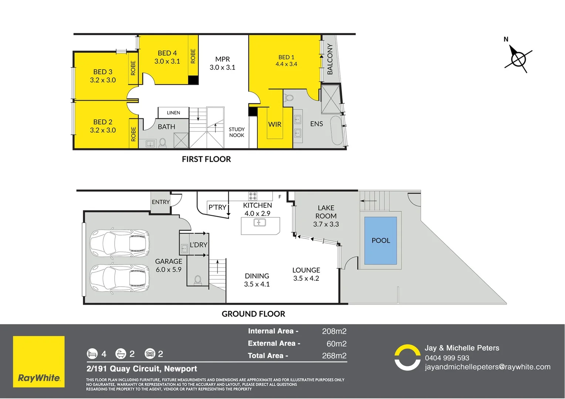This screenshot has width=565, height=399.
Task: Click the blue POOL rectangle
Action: pyautogui.click(x=380, y=241)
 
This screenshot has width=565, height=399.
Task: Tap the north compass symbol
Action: pyautogui.click(x=518, y=59)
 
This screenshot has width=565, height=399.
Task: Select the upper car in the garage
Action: pyautogui.click(x=119, y=243)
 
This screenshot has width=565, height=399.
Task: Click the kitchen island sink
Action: pyautogui.click(x=260, y=222)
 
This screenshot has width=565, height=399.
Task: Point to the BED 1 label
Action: pyautogui.click(x=286, y=57)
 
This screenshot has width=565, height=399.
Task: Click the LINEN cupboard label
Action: pyautogui.click(x=173, y=113)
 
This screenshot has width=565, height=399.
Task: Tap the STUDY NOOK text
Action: pyautogui.click(x=237, y=132)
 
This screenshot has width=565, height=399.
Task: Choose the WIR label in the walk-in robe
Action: pyautogui.click(x=275, y=125)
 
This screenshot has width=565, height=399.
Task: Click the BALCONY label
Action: pyautogui.click(x=330, y=59)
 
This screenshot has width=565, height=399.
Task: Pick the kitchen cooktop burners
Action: pyautogui.click(x=253, y=196)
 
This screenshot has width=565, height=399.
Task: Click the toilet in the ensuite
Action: pyautogui.click(x=290, y=98)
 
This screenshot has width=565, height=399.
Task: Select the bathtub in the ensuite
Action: pyautogui.click(x=336, y=131)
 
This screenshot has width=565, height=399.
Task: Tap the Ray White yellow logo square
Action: pyautogui.click(x=39, y=362)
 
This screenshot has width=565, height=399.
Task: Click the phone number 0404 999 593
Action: pyautogui.click(x=447, y=358)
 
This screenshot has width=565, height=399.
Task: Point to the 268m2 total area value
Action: pyautogui.click(x=334, y=356)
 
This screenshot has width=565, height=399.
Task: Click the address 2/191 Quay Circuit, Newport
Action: pyautogui.click(x=142, y=369)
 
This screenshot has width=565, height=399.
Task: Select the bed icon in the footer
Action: pyautogui.click(x=92, y=354)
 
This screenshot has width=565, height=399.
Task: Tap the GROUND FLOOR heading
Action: pyautogui.click(x=253, y=314)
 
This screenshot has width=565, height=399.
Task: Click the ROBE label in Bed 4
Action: pyautogui.click(x=193, y=56)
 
